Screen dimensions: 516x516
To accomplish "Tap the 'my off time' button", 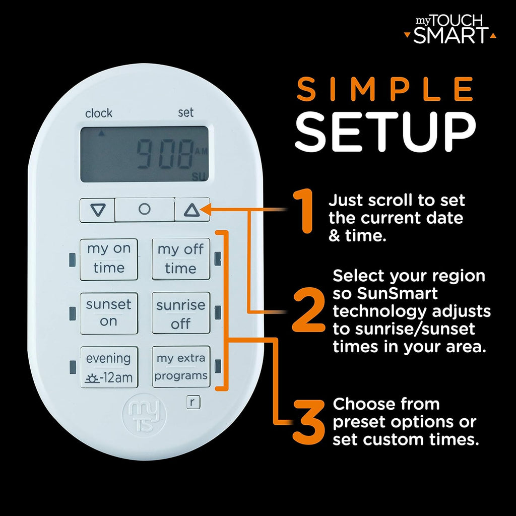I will tap(181, 259).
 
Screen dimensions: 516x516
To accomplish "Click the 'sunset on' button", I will tap(108, 313).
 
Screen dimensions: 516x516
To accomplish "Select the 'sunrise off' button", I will tap(181, 313).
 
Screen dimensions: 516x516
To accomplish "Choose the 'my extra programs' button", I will tap(181, 367).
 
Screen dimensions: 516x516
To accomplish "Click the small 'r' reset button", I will tap(192, 402).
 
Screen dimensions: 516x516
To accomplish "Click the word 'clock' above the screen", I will tap(99, 113).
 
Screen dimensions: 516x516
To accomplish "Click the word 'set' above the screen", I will tap(185, 113).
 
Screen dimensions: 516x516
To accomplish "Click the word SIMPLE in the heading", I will tap(385, 90).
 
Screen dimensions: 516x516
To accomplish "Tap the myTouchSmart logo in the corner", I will tap(450, 29).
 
